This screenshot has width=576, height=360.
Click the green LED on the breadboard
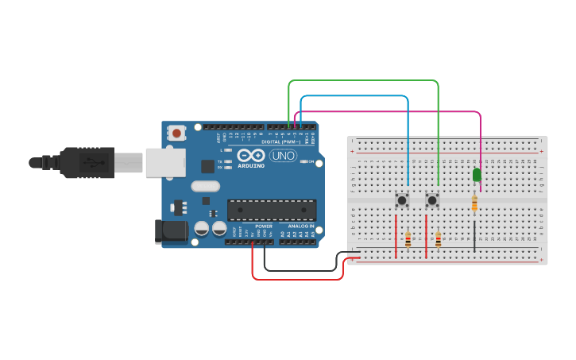pos(477,175)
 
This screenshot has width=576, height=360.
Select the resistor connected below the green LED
pos(474,204)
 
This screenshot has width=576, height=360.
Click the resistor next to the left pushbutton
pos(408,239)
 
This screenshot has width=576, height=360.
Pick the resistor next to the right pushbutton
pos(438,239)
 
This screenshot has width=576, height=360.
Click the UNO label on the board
pos(284,156)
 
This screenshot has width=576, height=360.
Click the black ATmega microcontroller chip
pos(272,210)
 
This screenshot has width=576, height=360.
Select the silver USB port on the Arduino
pos(165,162)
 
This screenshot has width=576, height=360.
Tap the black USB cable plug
pos(87,162)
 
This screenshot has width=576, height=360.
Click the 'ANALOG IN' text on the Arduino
pos(300,226)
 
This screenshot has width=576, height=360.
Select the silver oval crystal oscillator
pos(204,187)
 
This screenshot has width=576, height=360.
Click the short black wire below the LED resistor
pos(474,234)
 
